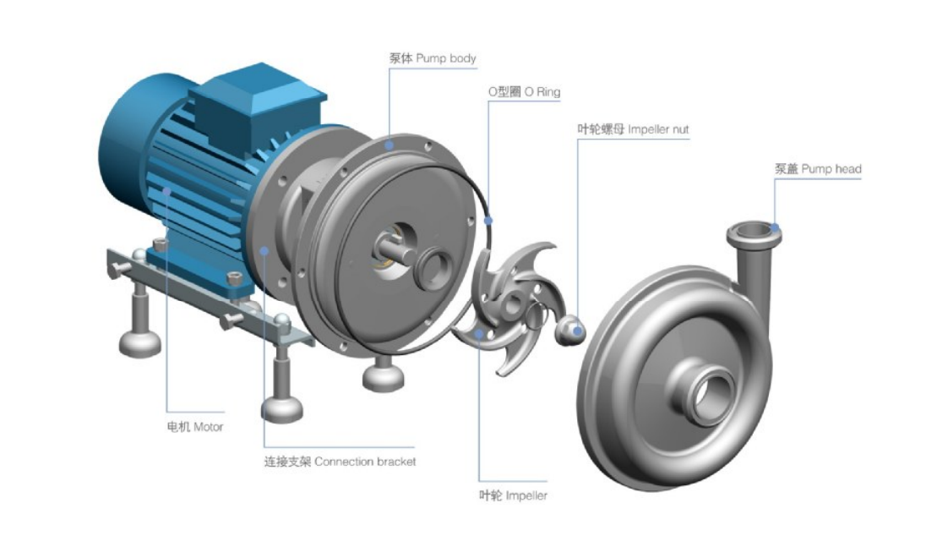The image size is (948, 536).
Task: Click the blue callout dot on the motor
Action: point(166,191)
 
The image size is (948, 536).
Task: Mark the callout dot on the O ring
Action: point(488,221)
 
